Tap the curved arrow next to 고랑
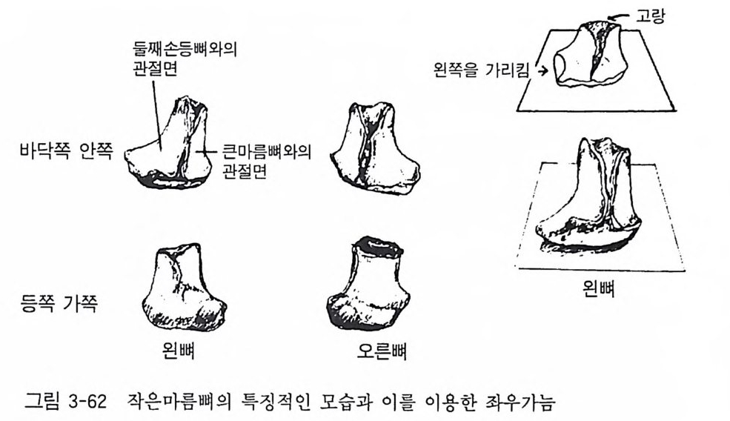[619, 18]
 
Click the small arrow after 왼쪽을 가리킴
[542, 71]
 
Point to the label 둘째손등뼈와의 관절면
[185, 59]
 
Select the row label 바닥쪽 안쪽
[66, 151]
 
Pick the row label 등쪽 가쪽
[59, 304]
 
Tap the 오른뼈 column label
[382, 351]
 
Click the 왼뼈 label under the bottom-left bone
[179, 351]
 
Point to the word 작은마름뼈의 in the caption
[179, 402]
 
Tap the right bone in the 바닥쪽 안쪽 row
[375, 147]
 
